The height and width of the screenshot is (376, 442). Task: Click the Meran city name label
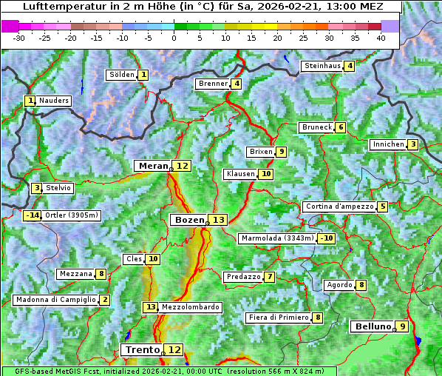pos(153,166)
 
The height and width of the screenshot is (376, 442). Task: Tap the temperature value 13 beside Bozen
pos(218,220)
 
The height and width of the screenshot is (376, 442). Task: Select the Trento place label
pos(142,349)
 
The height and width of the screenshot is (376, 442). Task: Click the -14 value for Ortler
pos(33,215)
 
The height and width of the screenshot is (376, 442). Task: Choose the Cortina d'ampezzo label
pos(339,207)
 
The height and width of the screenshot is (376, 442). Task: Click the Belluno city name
pos(372,326)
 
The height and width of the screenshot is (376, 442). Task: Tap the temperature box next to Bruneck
pos(340,127)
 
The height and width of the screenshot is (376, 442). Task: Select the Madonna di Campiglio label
pos(55,300)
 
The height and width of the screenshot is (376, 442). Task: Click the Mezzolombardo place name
pos(190,306)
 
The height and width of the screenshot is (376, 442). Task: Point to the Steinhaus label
pos(322,66)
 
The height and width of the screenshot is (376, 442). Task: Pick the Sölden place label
pos(121,75)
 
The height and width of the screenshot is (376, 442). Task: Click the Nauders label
pos(54,101)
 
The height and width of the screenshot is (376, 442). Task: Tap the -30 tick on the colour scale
pos(19,37)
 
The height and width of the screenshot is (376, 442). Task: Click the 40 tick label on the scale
pos(381,37)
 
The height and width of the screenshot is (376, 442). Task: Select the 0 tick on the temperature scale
pos(174,37)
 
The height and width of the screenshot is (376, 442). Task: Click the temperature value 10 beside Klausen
pos(266,174)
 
